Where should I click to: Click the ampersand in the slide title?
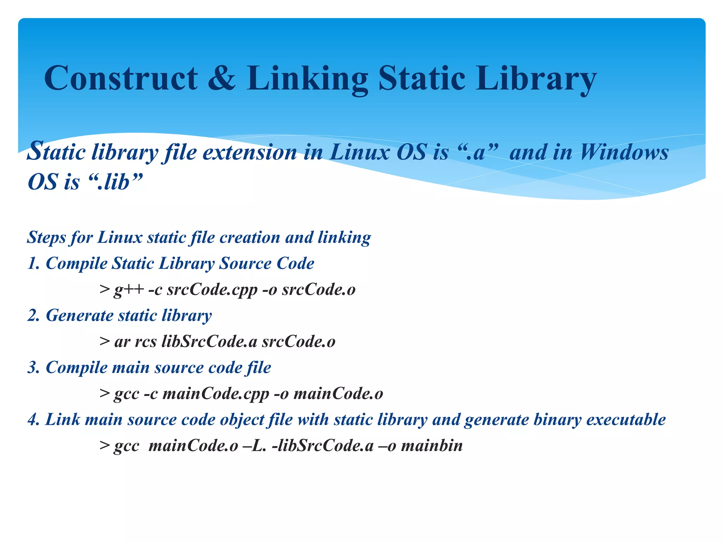(x=221, y=78)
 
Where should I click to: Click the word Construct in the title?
(x=121, y=78)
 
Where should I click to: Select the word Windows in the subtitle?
(x=624, y=152)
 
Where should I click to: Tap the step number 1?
(x=33, y=264)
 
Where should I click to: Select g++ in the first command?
(x=129, y=290)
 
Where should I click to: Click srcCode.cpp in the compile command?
(x=212, y=290)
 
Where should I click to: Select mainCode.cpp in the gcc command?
(x=216, y=394)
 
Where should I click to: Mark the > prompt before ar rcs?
(x=104, y=342)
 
